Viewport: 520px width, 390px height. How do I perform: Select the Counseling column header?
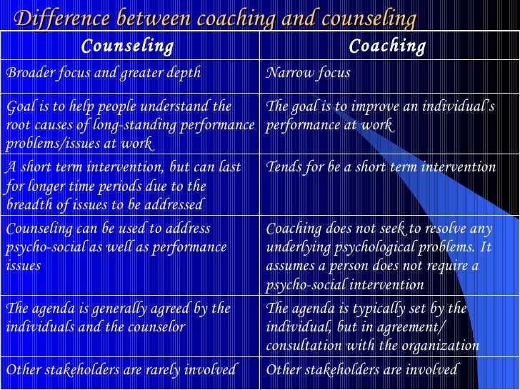pyautogui.click(x=127, y=47)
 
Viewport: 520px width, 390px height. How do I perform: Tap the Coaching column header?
pyautogui.click(x=387, y=47)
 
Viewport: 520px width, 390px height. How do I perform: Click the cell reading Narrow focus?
pyautogui.click(x=308, y=73)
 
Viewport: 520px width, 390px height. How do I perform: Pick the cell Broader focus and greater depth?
pyautogui.click(x=104, y=73)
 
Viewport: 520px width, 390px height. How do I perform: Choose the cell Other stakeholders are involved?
pyautogui.click(x=361, y=369)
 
